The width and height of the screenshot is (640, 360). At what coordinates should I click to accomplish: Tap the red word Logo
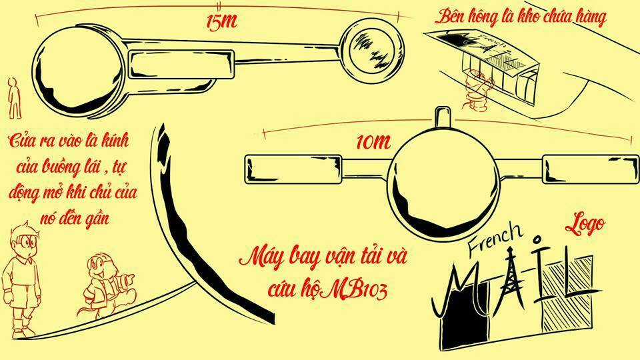pyautogui.click(x=585, y=225)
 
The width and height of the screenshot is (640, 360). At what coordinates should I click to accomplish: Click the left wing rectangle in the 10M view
pyautogui.click(x=293, y=169)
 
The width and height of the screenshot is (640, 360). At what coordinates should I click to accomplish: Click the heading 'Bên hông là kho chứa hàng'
pyautogui.click(x=519, y=17)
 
